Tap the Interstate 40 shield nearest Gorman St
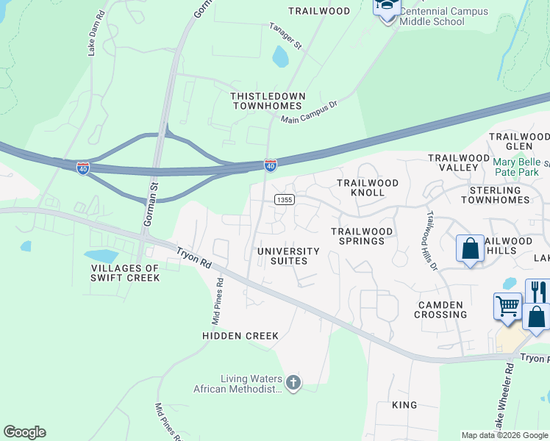(82, 168)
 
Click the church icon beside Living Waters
(293, 382)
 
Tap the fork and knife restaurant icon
(538, 291)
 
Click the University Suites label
(288, 257)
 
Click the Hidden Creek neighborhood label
(240, 336)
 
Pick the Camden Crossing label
(440, 309)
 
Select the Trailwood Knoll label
(368, 187)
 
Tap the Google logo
(24, 432)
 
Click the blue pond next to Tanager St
(280, 56)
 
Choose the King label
(404, 405)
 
